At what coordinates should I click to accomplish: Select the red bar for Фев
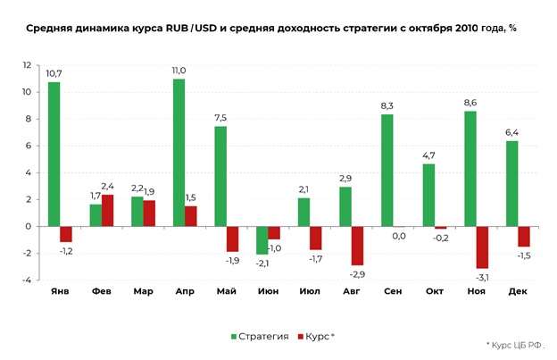108,210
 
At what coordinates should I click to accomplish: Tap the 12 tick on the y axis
28,65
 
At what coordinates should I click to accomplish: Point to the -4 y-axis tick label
28,280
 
